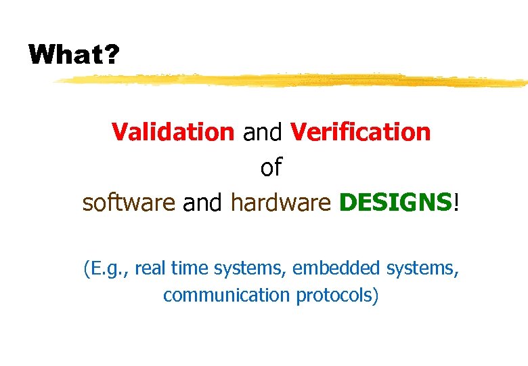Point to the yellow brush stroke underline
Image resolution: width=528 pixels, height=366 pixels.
[x=291, y=81]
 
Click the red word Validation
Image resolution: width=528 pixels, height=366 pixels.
[x=173, y=131]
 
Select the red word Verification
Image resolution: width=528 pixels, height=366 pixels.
[x=360, y=131]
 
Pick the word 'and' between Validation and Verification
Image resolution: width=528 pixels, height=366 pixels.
[x=263, y=131]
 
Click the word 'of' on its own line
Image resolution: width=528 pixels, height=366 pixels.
[x=271, y=167]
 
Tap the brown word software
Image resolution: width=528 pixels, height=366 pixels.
[x=129, y=202]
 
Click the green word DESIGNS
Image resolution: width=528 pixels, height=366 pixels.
[x=395, y=202]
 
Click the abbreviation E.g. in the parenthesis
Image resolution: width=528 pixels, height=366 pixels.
[x=106, y=269]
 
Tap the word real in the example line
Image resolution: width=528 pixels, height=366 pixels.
[x=150, y=269]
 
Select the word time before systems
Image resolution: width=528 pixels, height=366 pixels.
[x=190, y=269]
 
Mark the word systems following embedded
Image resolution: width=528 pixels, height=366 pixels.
[x=422, y=269]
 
